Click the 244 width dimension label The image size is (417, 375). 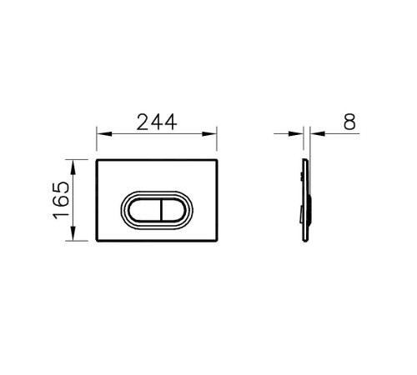tap(157, 122)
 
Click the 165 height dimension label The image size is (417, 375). tap(61, 200)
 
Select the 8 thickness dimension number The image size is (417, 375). tap(349, 122)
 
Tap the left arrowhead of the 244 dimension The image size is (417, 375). tap(104, 134)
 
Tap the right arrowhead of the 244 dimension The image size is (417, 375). tap(209, 134)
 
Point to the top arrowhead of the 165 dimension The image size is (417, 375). tap(73, 167)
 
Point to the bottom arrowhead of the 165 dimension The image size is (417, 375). tap(73, 233)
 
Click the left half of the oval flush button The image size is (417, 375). tap(144, 210)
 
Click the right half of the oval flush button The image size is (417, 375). tap(173, 210)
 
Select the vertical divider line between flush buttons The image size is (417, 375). tap(161, 210)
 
